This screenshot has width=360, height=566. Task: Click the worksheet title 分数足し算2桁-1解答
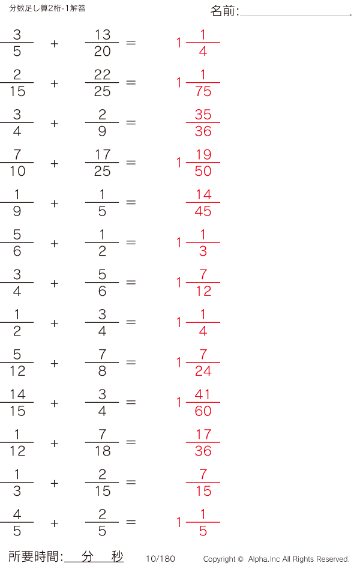coord(47,8)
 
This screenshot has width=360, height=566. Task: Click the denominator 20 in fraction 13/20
coord(102,52)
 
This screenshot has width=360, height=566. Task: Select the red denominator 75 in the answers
coord(203,91)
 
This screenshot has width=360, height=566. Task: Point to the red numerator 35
coord(203,115)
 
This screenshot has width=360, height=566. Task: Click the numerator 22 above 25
coord(102,74)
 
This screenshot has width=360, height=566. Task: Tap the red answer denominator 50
coord(203,171)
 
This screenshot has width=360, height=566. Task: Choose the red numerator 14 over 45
coord(203,195)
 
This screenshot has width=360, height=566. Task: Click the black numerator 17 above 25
coord(103,155)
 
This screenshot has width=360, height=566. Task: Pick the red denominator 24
coord(203,371)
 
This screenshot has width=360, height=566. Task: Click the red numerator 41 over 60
coord(203,394)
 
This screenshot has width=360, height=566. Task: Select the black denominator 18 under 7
coord(103,451)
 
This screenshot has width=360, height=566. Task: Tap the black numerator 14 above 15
coord(17,394)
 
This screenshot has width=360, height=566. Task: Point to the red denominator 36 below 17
coord(203,451)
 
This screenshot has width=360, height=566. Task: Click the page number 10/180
coord(161,559)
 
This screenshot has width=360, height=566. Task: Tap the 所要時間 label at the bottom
coord(34,556)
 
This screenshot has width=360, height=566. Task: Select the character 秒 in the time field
coord(117,556)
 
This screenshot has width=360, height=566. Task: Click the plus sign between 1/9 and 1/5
coord(55,203)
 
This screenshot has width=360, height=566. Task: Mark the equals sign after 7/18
coord(131,442)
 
